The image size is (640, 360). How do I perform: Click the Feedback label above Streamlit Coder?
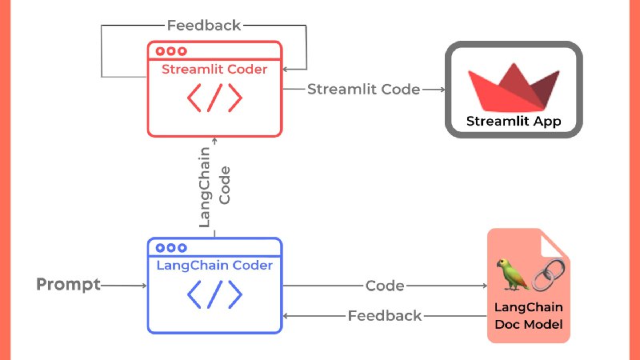tap(204, 25)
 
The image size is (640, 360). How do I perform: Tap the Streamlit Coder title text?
tap(214, 70)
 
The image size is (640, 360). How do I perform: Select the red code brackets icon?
tap(214, 98)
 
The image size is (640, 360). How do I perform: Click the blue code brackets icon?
tap(214, 295)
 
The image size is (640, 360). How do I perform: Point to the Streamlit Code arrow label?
tap(364, 90)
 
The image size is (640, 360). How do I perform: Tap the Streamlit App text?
tap(514, 122)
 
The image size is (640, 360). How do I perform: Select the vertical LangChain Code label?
tap(214, 186)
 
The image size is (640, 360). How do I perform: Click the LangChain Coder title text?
tap(214, 266)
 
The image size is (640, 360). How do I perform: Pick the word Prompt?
tap(69, 285)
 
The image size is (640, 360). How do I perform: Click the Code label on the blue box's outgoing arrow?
tap(385, 286)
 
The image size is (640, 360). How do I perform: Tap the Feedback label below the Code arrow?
tap(385, 316)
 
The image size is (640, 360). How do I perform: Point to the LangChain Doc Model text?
tap(528, 317)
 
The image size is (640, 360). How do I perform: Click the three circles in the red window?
tap(170, 51)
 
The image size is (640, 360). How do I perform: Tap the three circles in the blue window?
tap(170, 248)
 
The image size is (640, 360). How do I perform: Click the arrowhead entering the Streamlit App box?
tap(441, 90)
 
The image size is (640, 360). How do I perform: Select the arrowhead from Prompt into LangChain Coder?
tap(143, 285)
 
